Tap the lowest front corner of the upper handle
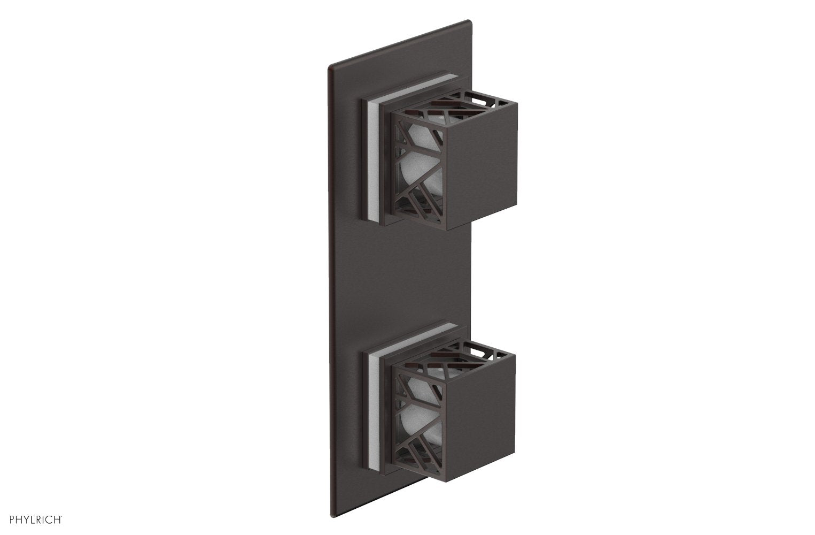[447, 230]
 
